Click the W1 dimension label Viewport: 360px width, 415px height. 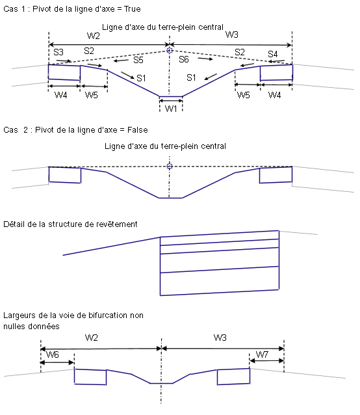tap(171, 108)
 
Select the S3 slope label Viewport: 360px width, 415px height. tap(58, 52)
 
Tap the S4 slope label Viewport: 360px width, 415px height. tap(273, 54)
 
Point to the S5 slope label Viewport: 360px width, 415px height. tap(138, 60)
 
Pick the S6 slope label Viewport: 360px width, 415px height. tap(184, 59)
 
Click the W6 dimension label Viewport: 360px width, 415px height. tap(53, 355)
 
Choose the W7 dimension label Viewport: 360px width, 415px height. tap(262, 355)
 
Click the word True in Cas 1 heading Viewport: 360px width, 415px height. tap(132, 9)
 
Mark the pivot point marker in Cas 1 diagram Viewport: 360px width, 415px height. tap(170, 50)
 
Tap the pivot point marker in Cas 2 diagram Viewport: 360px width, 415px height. tap(170, 167)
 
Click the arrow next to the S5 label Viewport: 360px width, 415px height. tap(121, 61)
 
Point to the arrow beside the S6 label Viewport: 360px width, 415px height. tap(205, 59)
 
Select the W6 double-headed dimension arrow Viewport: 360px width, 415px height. tap(57, 362)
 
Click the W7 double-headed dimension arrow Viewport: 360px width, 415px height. tap(266, 361)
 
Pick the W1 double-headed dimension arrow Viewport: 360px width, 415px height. tap(171, 101)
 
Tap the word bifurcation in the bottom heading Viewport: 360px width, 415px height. tap(108, 315)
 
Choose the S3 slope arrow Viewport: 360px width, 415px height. tap(64, 61)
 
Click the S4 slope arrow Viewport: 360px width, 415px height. tap(276, 62)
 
